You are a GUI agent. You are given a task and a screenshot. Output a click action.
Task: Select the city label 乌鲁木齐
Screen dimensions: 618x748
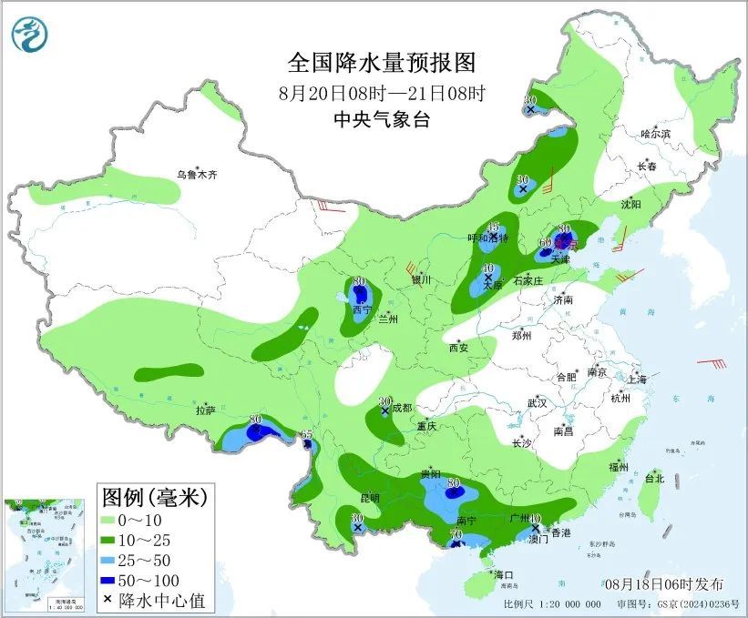[198, 175]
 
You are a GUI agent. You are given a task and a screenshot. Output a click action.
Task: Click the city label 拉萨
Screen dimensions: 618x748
[205, 410]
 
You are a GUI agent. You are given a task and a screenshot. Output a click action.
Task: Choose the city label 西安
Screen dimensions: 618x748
[458, 348]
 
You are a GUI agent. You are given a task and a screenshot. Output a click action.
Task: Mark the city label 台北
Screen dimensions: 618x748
[654, 478]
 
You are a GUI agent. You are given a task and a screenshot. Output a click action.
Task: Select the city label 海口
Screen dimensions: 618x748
[506, 575]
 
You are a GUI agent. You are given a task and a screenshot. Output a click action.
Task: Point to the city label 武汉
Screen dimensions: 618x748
[537, 402]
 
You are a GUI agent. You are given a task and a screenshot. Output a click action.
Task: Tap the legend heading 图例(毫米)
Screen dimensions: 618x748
[154, 497]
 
